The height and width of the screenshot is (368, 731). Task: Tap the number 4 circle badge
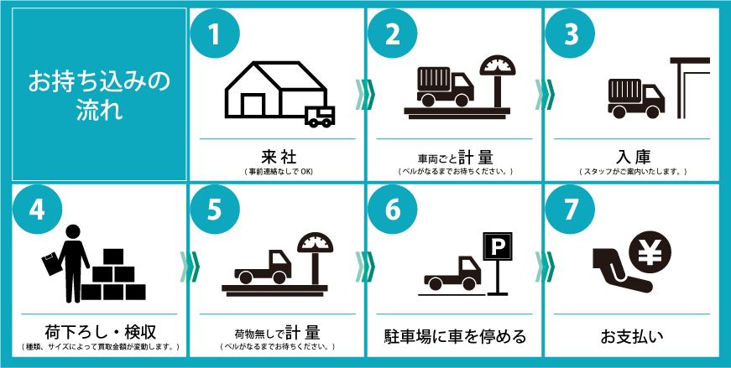tap(36, 210)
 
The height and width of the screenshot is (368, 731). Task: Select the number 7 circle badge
tap(570, 210)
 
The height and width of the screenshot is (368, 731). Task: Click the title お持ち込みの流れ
tap(99, 94)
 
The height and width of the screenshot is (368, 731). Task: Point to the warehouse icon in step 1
tap(275, 89)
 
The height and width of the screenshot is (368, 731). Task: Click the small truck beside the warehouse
tap(320, 116)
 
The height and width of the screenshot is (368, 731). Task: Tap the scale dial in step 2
tap(498, 65)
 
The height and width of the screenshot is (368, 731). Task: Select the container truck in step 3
tap(635, 98)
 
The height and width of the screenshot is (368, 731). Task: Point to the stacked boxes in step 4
tap(113, 275)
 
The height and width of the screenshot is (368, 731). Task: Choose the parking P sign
tap(497, 244)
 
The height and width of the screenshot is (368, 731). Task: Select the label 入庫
tap(633, 156)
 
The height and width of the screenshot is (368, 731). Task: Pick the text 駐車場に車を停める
tap(455, 335)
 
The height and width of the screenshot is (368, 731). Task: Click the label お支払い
tap(632, 335)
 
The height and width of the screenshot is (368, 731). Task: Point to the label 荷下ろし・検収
tap(100, 332)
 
